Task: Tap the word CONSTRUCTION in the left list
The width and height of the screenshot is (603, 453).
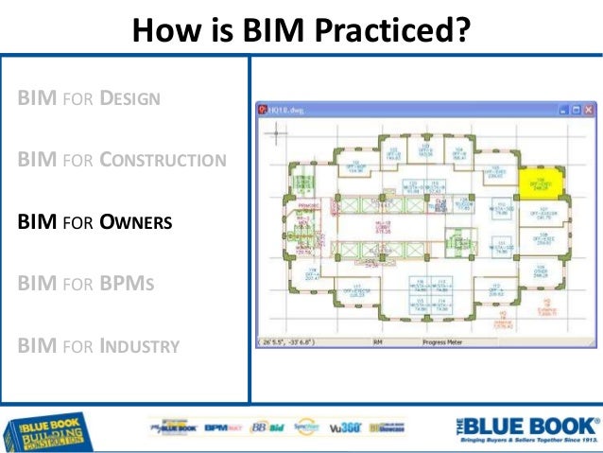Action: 163,160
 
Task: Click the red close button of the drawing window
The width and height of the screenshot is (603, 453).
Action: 587,110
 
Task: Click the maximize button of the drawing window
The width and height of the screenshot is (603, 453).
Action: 572,110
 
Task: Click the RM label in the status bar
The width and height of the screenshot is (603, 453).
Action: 376,341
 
